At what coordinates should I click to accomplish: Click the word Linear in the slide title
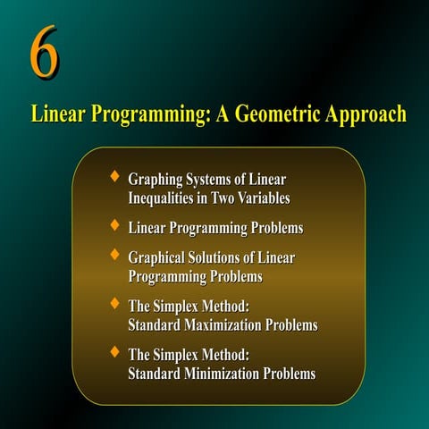click(x=56, y=115)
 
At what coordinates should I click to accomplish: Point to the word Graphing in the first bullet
click(x=156, y=181)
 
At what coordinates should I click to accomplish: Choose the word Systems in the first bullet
click(x=213, y=181)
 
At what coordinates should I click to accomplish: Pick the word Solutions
click(x=219, y=257)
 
